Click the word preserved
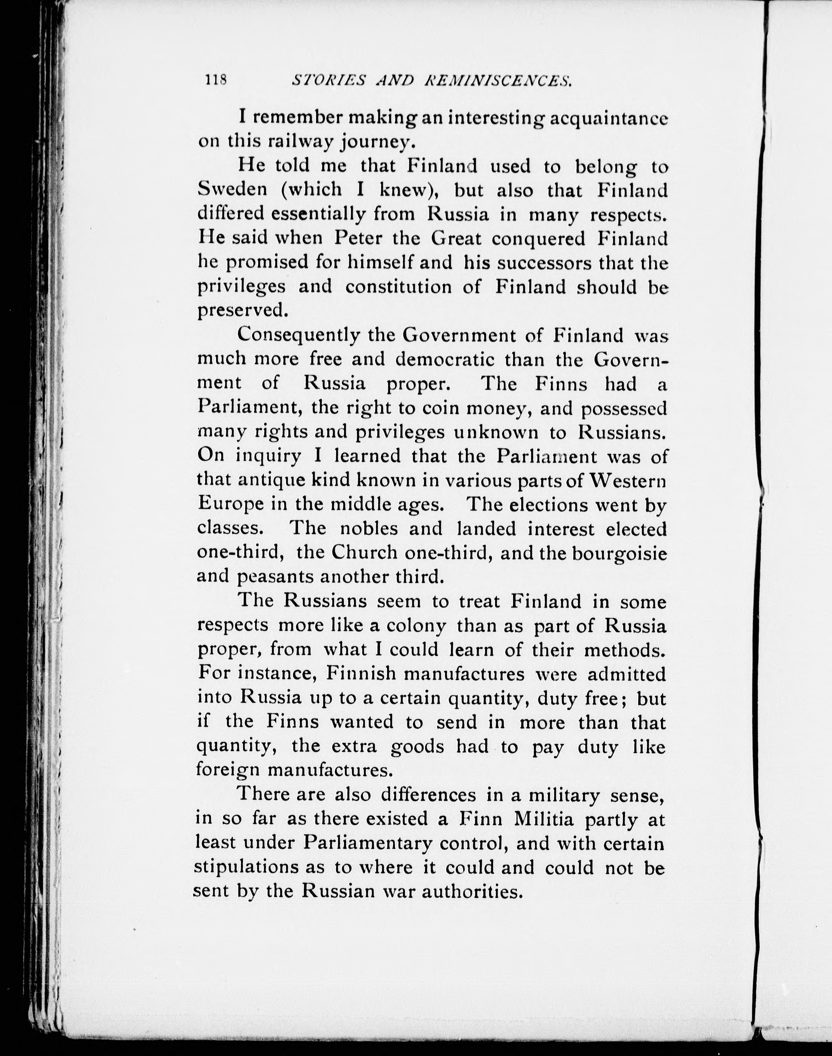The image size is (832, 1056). pyautogui.click(x=240, y=310)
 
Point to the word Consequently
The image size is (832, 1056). pyautogui.click(x=298, y=335)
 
